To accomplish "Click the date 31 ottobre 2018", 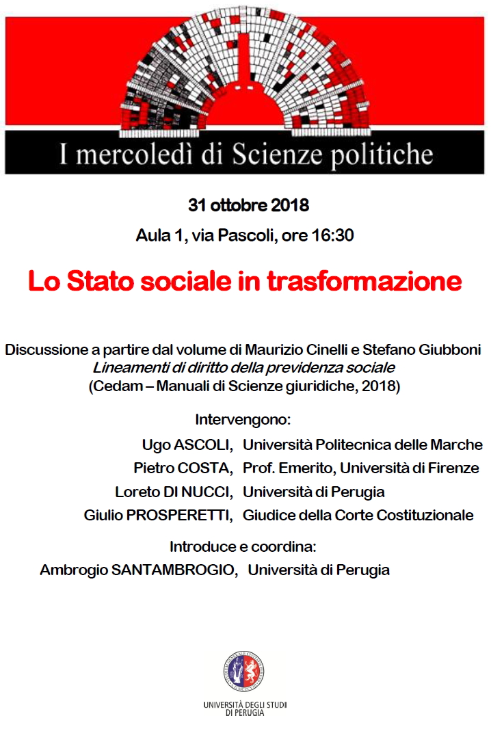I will [248, 205].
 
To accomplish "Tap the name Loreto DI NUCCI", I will [175, 492].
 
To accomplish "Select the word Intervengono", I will [243, 418].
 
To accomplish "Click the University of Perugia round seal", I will [244, 670].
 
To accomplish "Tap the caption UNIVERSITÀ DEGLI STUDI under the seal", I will [244, 705].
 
